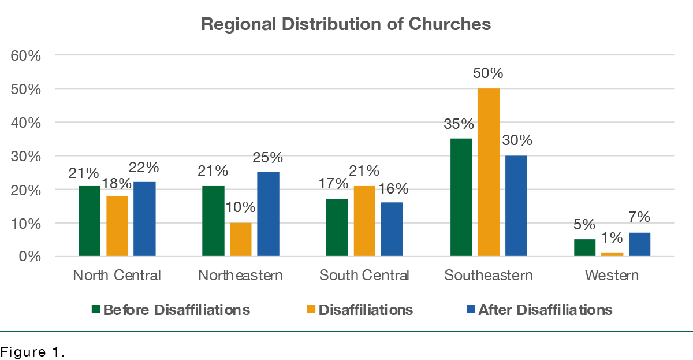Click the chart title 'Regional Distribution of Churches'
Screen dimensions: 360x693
346,24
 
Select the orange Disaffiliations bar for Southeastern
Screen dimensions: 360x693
489,172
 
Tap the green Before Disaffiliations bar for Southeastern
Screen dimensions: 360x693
461,197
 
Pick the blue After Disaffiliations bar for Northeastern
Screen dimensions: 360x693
268,214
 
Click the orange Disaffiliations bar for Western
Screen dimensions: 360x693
612,254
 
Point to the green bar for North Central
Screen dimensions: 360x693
90,221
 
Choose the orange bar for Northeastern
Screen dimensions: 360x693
241,239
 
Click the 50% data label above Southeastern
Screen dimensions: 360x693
489,74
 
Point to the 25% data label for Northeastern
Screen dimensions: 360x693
269,157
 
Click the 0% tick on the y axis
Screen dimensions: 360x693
30,257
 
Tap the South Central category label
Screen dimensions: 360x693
364,275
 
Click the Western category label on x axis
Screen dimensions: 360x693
612,275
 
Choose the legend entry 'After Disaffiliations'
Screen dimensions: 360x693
545,310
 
